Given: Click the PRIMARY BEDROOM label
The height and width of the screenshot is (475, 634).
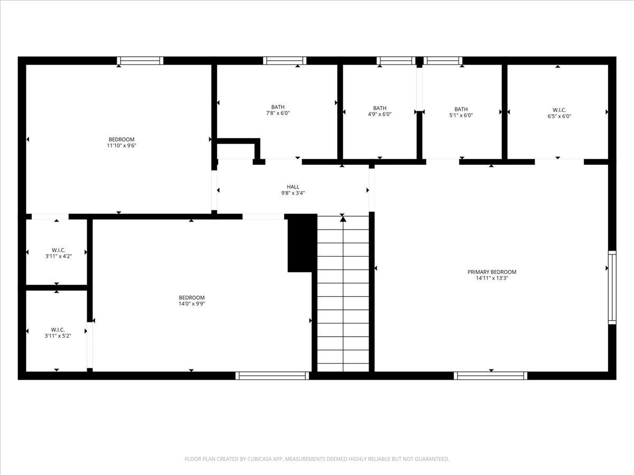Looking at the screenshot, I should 491,272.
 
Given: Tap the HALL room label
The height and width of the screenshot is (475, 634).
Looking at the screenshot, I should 293,187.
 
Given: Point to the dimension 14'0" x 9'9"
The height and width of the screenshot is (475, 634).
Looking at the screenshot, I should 192,304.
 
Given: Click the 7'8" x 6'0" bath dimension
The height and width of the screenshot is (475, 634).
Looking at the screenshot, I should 277,113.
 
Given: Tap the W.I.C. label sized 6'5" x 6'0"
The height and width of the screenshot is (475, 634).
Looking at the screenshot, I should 558,110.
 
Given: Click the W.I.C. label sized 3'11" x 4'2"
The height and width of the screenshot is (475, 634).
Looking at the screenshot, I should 58,250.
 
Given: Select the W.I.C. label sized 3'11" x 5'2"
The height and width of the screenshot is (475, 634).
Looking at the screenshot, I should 58,329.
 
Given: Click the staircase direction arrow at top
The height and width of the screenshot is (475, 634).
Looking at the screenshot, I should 343,218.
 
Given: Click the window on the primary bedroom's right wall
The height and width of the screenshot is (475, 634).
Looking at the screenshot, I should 612,287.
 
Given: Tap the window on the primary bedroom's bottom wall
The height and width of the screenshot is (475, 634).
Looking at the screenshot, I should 490,376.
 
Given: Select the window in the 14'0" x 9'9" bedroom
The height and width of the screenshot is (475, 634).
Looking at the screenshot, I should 272,376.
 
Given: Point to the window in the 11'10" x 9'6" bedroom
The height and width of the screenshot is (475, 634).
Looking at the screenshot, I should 140,61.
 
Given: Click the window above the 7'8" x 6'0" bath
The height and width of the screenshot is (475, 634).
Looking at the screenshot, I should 285,61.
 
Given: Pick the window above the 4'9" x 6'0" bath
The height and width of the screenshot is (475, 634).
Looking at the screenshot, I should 396,61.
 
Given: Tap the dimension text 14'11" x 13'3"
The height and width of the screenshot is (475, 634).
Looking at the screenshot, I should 491,279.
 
